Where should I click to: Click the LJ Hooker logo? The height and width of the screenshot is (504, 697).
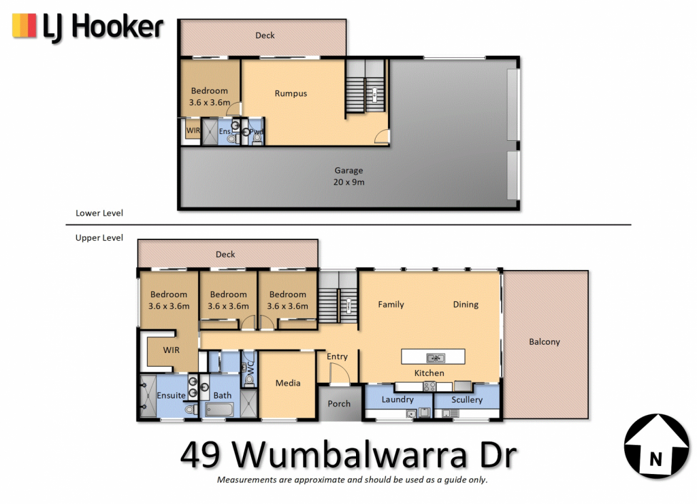pyautogui.click(x=88, y=27)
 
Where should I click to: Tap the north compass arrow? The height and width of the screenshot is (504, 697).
pyautogui.click(x=657, y=446)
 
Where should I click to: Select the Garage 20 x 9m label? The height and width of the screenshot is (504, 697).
pyautogui.click(x=349, y=176)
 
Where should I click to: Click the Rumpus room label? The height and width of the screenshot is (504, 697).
pyautogui.click(x=291, y=93)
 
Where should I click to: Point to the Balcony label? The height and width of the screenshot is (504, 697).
pyautogui.click(x=544, y=341)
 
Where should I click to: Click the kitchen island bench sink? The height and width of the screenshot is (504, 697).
pyautogui.click(x=435, y=358)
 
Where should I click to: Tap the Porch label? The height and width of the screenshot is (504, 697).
pyautogui.click(x=339, y=403)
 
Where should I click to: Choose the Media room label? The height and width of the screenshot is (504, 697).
pyautogui.click(x=288, y=383)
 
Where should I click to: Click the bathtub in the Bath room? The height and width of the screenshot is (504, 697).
pyautogui.click(x=220, y=409)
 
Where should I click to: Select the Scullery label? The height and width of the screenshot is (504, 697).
pyautogui.click(x=467, y=400)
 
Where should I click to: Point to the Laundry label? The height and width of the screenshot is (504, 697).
pyautogui.click(x=398, y=399)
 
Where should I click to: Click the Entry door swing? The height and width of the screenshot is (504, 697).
pyautogui.click(x=339, y=373)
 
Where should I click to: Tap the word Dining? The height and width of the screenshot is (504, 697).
pyautogui.click(x=466, y=304)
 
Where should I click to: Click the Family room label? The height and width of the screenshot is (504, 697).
pyautogui.click(x=391, y=304)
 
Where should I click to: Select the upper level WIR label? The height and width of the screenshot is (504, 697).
pyautogui.click(x=171, y=350)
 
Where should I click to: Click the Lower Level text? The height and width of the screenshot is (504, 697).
pyautogui.click(x=99, y=213)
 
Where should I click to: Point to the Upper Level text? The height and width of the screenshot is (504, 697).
pyautogui.click(x=99, y=237)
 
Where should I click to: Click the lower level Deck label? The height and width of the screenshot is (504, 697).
pyautogui.click(x=265, y=35)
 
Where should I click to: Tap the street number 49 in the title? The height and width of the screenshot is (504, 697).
pyautogui.click(x=200, y=455)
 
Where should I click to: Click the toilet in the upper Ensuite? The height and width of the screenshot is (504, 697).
pyautogui.click(x=191, y=409)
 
